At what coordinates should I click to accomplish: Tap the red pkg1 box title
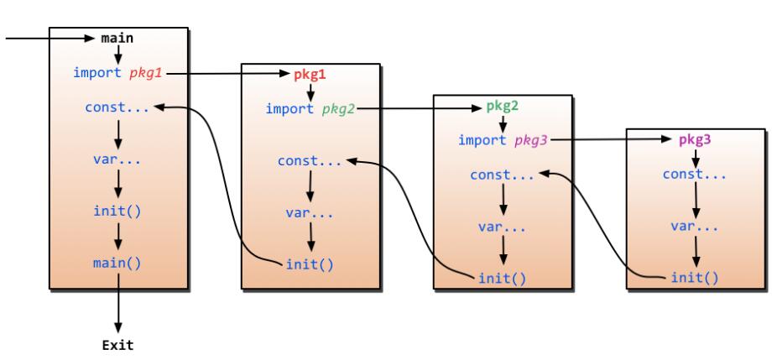tap(310, 74)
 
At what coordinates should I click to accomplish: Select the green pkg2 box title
tap(503, 107)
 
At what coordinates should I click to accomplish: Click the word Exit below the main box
tap(117, 344)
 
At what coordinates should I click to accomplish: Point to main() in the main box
tap(117, 263)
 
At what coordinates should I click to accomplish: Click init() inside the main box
tap(117, 210)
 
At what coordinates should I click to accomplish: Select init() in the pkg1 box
tap(310, 264)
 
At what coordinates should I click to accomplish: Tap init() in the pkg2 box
tap(502, 278)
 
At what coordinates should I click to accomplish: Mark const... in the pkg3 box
tap(695, 175)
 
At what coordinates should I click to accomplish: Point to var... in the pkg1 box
tap(310, 212)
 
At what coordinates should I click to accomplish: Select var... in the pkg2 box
tap(502, 227)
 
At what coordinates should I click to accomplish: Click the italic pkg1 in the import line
tap(146, 73)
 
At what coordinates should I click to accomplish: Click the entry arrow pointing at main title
tap(46, 38)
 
